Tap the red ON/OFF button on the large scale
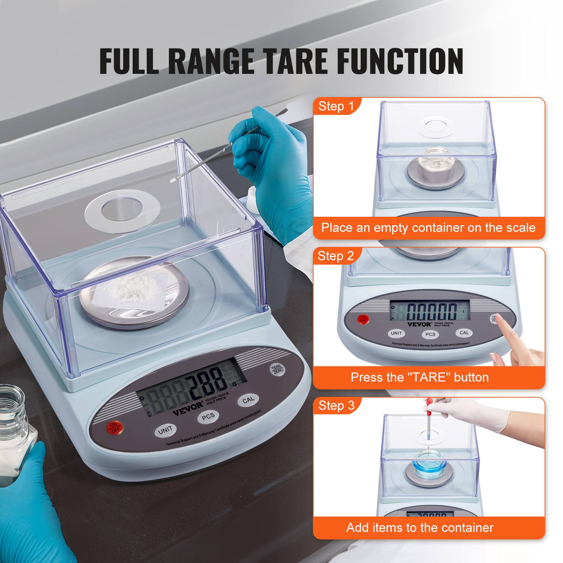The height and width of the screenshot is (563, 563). pyautogui.click(x=115, y=427)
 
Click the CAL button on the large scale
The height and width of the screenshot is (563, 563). pyautogui.click(x=248, y=400)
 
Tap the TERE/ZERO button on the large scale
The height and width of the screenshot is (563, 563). pyautogui.click(x=277, y=369)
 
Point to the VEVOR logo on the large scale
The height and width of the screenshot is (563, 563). pyautogui.click(x=188, y=406)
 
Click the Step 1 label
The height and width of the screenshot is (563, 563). pyautogui.click(x=336, y=106)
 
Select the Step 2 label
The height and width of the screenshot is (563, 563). pyautogui.click(x=336, y=256)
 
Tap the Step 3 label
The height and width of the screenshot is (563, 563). pyautogui.click(x=336, y=405)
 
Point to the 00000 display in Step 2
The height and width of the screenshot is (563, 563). pyautogui.click(x=432, y=311)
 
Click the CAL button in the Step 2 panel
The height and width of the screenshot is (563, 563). pyautogui.click(x=464, y=333)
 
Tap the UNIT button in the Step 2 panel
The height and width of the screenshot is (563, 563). pyautogui.click(x=396, y=333)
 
